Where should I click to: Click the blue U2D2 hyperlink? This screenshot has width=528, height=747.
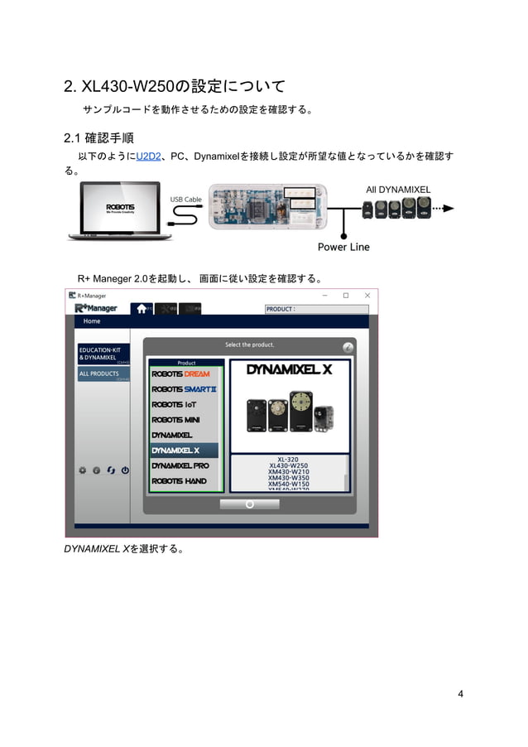[x=148, y=157]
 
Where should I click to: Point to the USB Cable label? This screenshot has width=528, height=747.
[x=186, y=200]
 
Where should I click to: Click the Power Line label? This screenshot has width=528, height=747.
[x=343, y=247]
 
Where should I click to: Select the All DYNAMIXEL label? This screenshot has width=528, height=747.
[x=398, y=190]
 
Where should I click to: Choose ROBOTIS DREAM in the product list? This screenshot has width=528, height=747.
[x=180, y=373]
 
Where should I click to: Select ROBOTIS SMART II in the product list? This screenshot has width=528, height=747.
[x=184, y=389]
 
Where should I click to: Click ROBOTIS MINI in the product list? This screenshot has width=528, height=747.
[x=175, y=420]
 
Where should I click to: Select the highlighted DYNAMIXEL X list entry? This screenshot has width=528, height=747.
[x=175, y=451]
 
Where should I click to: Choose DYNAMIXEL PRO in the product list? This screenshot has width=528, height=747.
[x=180, y=465]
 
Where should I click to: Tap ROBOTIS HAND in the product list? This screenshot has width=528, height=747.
[x=179, y=481]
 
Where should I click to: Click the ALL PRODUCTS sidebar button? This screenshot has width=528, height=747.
[x=99, y=374]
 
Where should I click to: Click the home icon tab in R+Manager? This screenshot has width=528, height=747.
[x=142, y=309]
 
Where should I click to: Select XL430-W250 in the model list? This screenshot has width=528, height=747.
[x=288, y=466]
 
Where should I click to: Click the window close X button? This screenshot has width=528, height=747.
[x=367, y=295]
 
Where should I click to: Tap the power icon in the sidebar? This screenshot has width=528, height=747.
[x=125, y=470]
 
